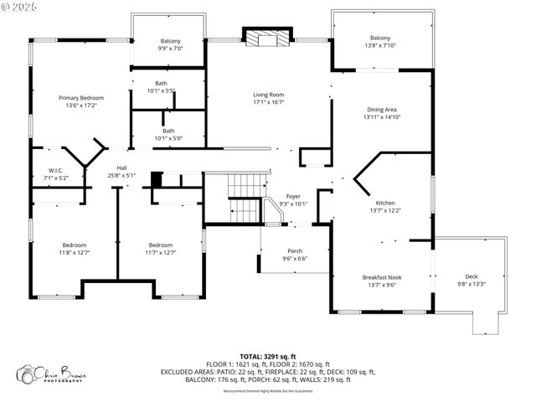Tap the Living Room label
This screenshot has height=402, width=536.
[x=269, y=95]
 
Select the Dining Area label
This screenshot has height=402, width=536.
[x=382, y=110]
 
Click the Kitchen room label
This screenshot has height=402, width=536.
[x=384, y=203]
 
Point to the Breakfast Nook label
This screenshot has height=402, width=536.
[x=382, y=277]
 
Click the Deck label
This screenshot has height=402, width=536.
[x=471, y=276]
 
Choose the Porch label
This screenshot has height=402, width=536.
[x=295, y=250]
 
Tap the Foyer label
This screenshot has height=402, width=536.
[x=293, y=196]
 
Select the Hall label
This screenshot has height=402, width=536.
[x=121, y=167]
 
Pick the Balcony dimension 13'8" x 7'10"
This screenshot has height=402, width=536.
[x=380, y=46]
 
